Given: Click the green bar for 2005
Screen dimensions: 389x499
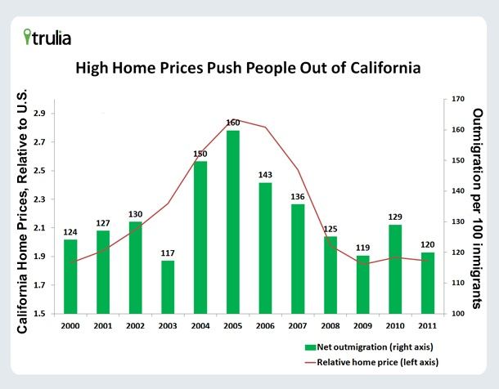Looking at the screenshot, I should (x=233, y=221).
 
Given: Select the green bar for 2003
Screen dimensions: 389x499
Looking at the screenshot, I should (x=168, y=287).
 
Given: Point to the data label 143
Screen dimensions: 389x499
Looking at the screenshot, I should (x=266, y=175).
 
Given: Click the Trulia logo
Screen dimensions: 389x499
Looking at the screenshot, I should (x=47, y=37).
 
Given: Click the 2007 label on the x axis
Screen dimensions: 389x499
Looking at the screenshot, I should (x=298, y=325).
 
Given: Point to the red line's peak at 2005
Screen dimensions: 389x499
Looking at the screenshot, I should (x=233, y=119).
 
